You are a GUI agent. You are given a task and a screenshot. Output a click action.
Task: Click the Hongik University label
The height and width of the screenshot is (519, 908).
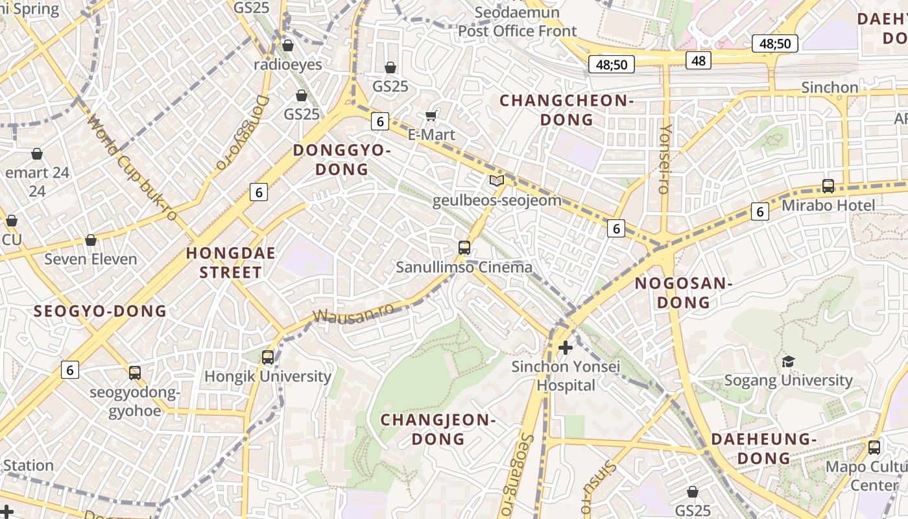click(268, 376)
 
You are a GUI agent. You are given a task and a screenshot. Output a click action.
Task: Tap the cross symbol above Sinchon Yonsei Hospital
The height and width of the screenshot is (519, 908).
click(566, 348)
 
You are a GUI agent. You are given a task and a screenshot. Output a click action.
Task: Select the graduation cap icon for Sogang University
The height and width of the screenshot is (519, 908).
click(788, 361)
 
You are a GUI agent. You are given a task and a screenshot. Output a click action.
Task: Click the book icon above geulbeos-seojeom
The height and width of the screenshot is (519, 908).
click(497, 181)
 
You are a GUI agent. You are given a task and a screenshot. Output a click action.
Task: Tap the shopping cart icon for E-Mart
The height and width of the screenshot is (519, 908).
click(431, 116)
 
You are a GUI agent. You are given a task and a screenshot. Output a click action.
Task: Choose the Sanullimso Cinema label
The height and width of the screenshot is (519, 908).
click(464, 267)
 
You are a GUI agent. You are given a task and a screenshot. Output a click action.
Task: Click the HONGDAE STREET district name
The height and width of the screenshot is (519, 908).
click(231, 263)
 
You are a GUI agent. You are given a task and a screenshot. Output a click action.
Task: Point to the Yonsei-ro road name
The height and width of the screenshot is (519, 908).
click(664, 159)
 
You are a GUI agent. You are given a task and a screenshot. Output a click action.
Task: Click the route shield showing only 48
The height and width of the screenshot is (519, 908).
click(699, 60)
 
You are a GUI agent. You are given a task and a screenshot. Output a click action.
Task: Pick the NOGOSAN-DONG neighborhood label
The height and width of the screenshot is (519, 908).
click(683, 293)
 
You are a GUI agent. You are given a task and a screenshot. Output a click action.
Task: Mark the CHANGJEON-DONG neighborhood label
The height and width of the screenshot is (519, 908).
click(438, 429)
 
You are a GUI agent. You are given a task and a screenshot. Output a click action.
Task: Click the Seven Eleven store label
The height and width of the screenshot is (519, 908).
click(91, 259)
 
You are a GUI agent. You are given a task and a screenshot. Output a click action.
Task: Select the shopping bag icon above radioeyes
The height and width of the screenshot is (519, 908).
click(288, 45)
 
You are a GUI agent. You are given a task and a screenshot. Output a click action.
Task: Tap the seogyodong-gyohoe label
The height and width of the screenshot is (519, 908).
click(134, 402)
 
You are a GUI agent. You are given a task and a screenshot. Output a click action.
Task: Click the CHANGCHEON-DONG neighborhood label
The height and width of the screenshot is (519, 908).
click(566, 110)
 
